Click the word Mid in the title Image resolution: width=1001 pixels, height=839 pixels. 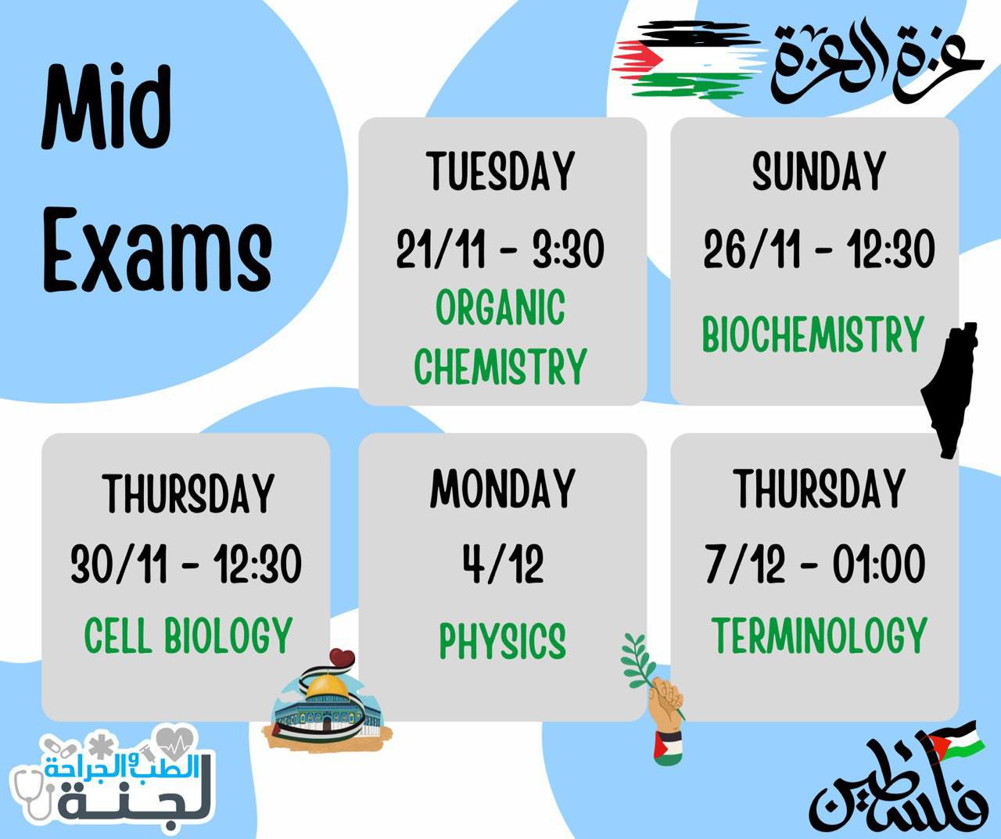[106, 108]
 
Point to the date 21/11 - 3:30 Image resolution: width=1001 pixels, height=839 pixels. [500, 249]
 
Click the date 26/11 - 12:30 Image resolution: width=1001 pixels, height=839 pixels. [819, 249]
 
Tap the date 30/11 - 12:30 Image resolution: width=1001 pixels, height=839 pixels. [186, 564]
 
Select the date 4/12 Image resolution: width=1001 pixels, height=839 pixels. [503, 564]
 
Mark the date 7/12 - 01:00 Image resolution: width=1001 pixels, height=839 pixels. [816, 564]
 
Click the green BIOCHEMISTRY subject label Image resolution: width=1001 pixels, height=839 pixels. [813, 335]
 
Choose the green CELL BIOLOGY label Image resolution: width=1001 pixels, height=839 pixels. [188, 635]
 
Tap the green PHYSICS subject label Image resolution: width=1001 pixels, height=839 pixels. [502, 641]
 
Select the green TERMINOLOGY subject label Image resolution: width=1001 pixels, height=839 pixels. [819, 635]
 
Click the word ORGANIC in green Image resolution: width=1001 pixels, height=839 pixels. [500, 307]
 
